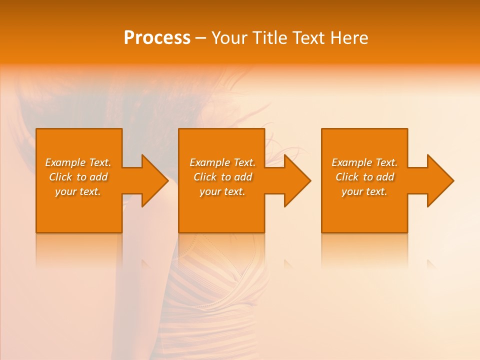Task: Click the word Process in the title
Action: tap(157, 38)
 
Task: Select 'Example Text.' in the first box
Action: tap(78, 162)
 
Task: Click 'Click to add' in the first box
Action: tap(78, 177)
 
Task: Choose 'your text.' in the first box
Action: tap(78, 191)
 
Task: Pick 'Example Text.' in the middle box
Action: tap(222, 162)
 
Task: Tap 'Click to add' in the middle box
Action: tap(222, 177)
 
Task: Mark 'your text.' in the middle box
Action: tap(222, 191)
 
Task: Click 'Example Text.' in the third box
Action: tap(364, 162)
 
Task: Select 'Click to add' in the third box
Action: tap(364, 177)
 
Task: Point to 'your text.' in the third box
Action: tap(364, 191)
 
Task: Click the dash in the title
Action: tap(200, 38)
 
